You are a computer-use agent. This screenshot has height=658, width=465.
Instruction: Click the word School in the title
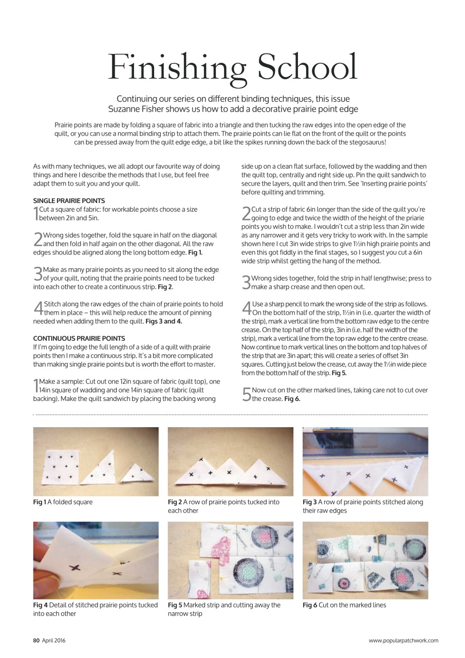(301, 68)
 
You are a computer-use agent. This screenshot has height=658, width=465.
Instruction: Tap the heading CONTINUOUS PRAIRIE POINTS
(79, 338)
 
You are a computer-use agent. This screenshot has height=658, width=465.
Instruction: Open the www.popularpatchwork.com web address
(403, 640)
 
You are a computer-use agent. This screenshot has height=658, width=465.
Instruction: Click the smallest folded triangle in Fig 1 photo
(136, 473)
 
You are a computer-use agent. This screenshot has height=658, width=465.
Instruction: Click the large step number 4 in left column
(38, 307)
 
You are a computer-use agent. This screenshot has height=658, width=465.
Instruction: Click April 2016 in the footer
(54, 640)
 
